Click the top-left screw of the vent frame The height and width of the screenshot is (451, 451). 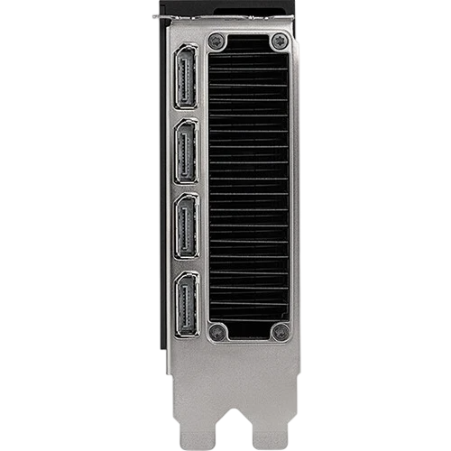point(216,41)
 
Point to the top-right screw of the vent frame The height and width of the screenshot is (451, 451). point(280,41)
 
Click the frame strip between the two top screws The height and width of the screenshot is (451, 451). point(248,41)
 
